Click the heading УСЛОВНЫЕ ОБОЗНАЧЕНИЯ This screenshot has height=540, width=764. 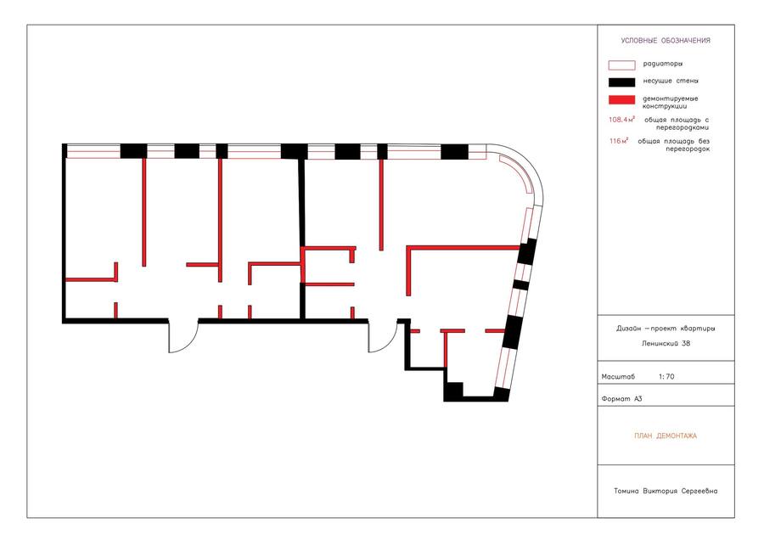[665, 41]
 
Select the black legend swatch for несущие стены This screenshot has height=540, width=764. [621, 82]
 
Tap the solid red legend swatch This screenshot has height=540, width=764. [621, 100]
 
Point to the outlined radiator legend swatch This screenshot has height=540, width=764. [621, 65]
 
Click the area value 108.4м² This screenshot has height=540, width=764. [621, 120]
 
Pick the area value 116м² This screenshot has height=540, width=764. [618, 141]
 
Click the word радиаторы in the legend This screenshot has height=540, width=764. [663, 64]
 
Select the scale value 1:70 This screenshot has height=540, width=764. [666, 376]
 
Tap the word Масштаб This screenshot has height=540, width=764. [618, 377]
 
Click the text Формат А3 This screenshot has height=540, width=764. [621, 399]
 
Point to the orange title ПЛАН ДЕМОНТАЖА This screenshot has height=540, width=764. [666, 436]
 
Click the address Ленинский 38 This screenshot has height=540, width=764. [666, 343]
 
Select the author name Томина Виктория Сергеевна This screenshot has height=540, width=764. [666, 491]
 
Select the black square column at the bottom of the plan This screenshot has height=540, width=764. [453, 391]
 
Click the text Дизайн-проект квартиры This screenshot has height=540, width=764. [666, 329]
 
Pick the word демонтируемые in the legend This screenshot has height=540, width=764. [671, 98]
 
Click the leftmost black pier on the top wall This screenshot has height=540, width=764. [133, 151]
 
